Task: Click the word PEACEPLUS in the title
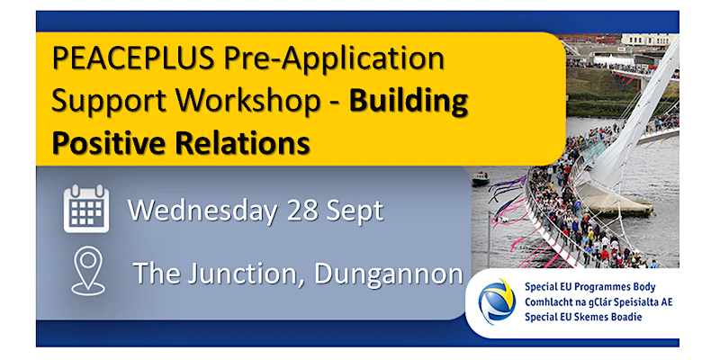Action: tap(132, 58)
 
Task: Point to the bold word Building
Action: tap(409, 102)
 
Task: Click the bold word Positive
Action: tap(109, 142)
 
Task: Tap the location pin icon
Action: tap(88, 271)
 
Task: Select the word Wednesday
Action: tap(202, 211)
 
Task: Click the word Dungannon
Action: tap(388, 275)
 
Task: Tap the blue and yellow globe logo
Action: tap(497, 301)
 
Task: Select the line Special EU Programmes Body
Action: tap(590, 287)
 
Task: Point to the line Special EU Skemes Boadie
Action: tap(583, 317)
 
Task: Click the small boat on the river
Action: tap(481, 178)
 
